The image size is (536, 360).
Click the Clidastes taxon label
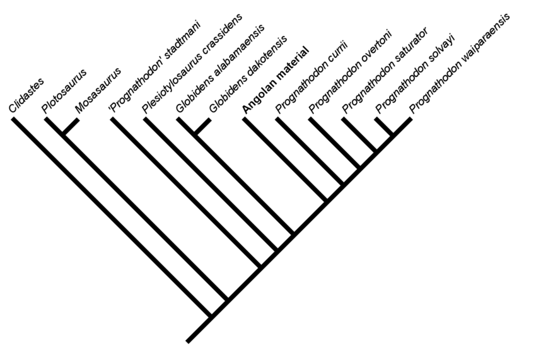pyautogui.click(x=26, y=96)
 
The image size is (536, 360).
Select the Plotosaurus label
pyautogui.click(x=64, y=91)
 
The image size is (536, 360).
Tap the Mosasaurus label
pyautogui.click(x=98, y=91)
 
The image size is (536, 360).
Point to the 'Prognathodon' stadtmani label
pyautogui.click(x=154, y=67)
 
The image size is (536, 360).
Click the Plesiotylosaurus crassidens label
pyautogui.click(x=192, y=63)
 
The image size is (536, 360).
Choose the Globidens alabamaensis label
pyautogui.click(x=220, y=69)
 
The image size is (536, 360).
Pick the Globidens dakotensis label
pyautogui.click(x=248, y=74)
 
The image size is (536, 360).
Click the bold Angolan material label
pyautogui.click(x=276, y=79)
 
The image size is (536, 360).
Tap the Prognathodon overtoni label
pyautogui.click(x=350, y=73)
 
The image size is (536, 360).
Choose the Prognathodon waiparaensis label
pyautogui.click(x=460, y=64)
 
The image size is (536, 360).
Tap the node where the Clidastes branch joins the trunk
pyautogui.click(x=211, y=316)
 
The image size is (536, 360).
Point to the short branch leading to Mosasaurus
pyautogui.click(x=70, y=126)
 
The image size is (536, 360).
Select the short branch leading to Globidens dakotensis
pyautogui.click(x=202, y=126)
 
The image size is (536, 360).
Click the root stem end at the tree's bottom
pyautogui.click(x=187, y=341)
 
